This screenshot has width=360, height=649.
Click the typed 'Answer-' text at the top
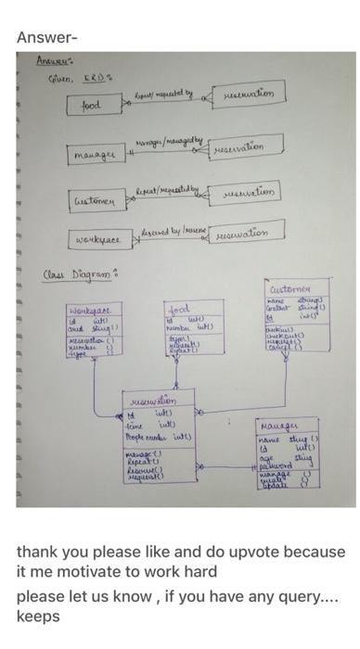pos(47,37)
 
